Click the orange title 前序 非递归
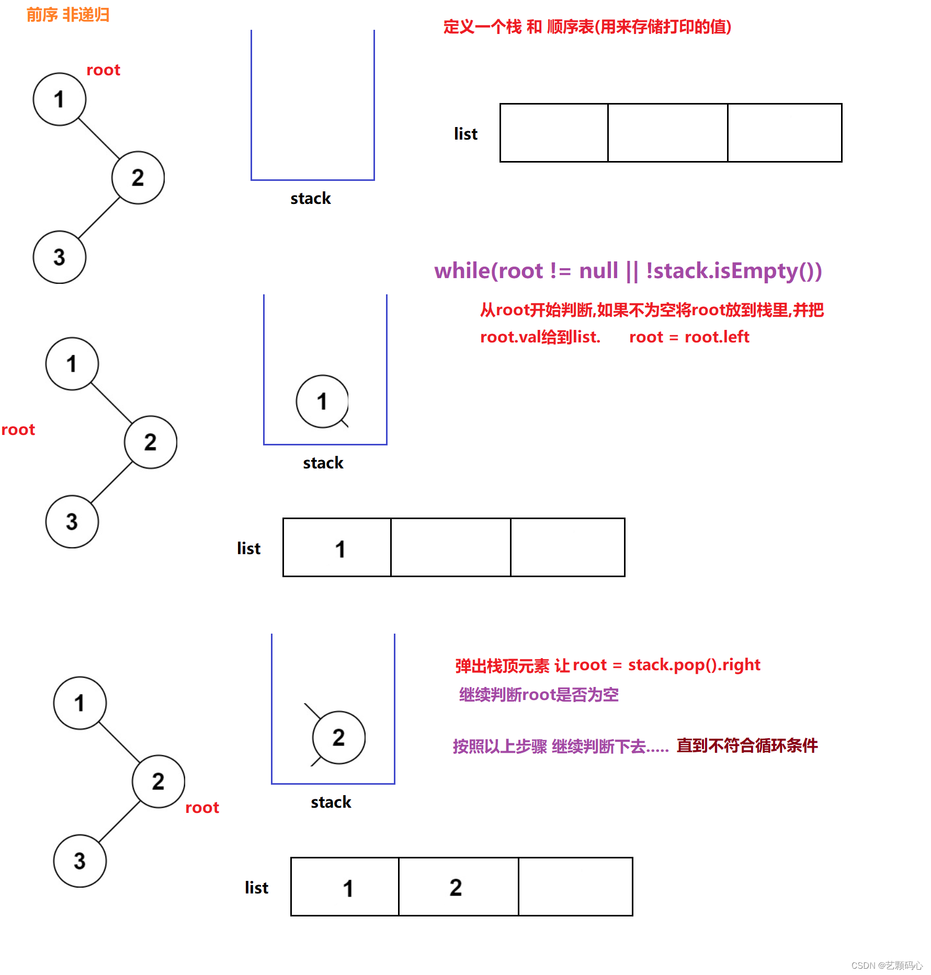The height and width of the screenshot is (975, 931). click(x=67, y=15)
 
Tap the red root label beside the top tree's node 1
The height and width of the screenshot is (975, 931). click(x=103, y=70)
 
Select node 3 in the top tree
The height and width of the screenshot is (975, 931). click(x=59, y=257)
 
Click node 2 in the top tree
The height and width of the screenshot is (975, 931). click(x=138, y=178)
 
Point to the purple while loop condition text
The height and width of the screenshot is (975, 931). click(x=628, y=271)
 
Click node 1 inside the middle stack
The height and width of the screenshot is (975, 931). click(x=322, y=402)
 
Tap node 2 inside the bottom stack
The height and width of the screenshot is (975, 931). click(x=338, y=738)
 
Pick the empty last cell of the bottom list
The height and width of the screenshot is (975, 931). click(x=575, y=887)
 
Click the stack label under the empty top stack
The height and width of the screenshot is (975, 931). click(x=311, y=199)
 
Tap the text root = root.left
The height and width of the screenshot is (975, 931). click(x=689, y=337)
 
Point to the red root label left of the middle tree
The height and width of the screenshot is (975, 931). click(x=18, y=430)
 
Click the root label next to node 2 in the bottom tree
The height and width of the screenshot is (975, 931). click(x=202, y=808)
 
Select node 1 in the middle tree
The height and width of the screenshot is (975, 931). click(x=72, y=364)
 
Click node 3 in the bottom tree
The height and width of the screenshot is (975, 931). click(x=80, y=861)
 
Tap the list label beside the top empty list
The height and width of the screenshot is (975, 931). click(x=465, y=134)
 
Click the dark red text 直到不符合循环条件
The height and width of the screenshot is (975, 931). click(x=747, y=745)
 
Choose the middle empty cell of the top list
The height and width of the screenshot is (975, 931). click(x=667, y=133)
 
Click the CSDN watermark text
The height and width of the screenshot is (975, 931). click(x=887, y=966)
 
